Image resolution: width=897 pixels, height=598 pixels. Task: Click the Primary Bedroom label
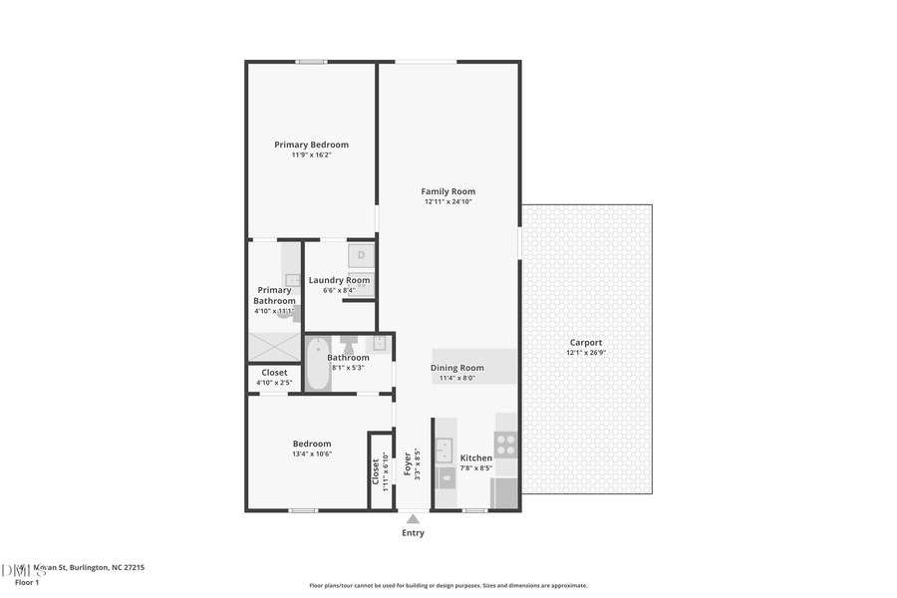pyautogui.click(x=311, y=145)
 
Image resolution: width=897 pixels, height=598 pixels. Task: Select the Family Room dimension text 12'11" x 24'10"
pyautogui.click(x=448, y=202)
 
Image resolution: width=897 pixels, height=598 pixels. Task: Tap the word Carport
pyautogui.click(x=586, y=342)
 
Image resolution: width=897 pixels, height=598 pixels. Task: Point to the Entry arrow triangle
pyautogui.click(x=413, y=518)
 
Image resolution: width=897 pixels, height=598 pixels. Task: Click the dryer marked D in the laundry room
pyautogui.click(x=361, y=256)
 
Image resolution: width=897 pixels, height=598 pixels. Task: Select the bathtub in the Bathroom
pyautogui.click(x=316, y=363)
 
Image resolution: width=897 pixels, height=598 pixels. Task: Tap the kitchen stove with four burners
pyautogui.click(x=506, y=444)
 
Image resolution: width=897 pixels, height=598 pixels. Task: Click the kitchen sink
pyautogui.click(x=446, y=448)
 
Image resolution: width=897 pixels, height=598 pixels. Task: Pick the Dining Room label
pyautogui.click(x=457, y=368)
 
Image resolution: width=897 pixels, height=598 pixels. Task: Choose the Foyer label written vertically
pyautogui.click(x=407, y=464)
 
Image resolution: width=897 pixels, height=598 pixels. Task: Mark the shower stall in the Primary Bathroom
pyautogui.click(x=274, y=347)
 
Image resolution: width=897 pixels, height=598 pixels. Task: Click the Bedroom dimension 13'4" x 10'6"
pyautogui.click(x=311, y=453)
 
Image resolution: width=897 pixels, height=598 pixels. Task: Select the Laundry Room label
pyautogui.click(x=339, y=280)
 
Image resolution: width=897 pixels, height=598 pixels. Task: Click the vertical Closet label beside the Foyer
pyautogui.click(x=375, y=471)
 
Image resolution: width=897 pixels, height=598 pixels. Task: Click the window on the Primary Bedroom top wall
pyautogui.click(x=311, y=62)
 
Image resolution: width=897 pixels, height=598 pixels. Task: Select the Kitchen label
pyautogui.click(x=475, y=458)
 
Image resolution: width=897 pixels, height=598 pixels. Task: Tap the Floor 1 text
pyautogui.click(x=27, y=581)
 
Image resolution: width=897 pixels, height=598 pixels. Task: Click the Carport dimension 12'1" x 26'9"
pyautogui.click(x=586, y=352)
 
